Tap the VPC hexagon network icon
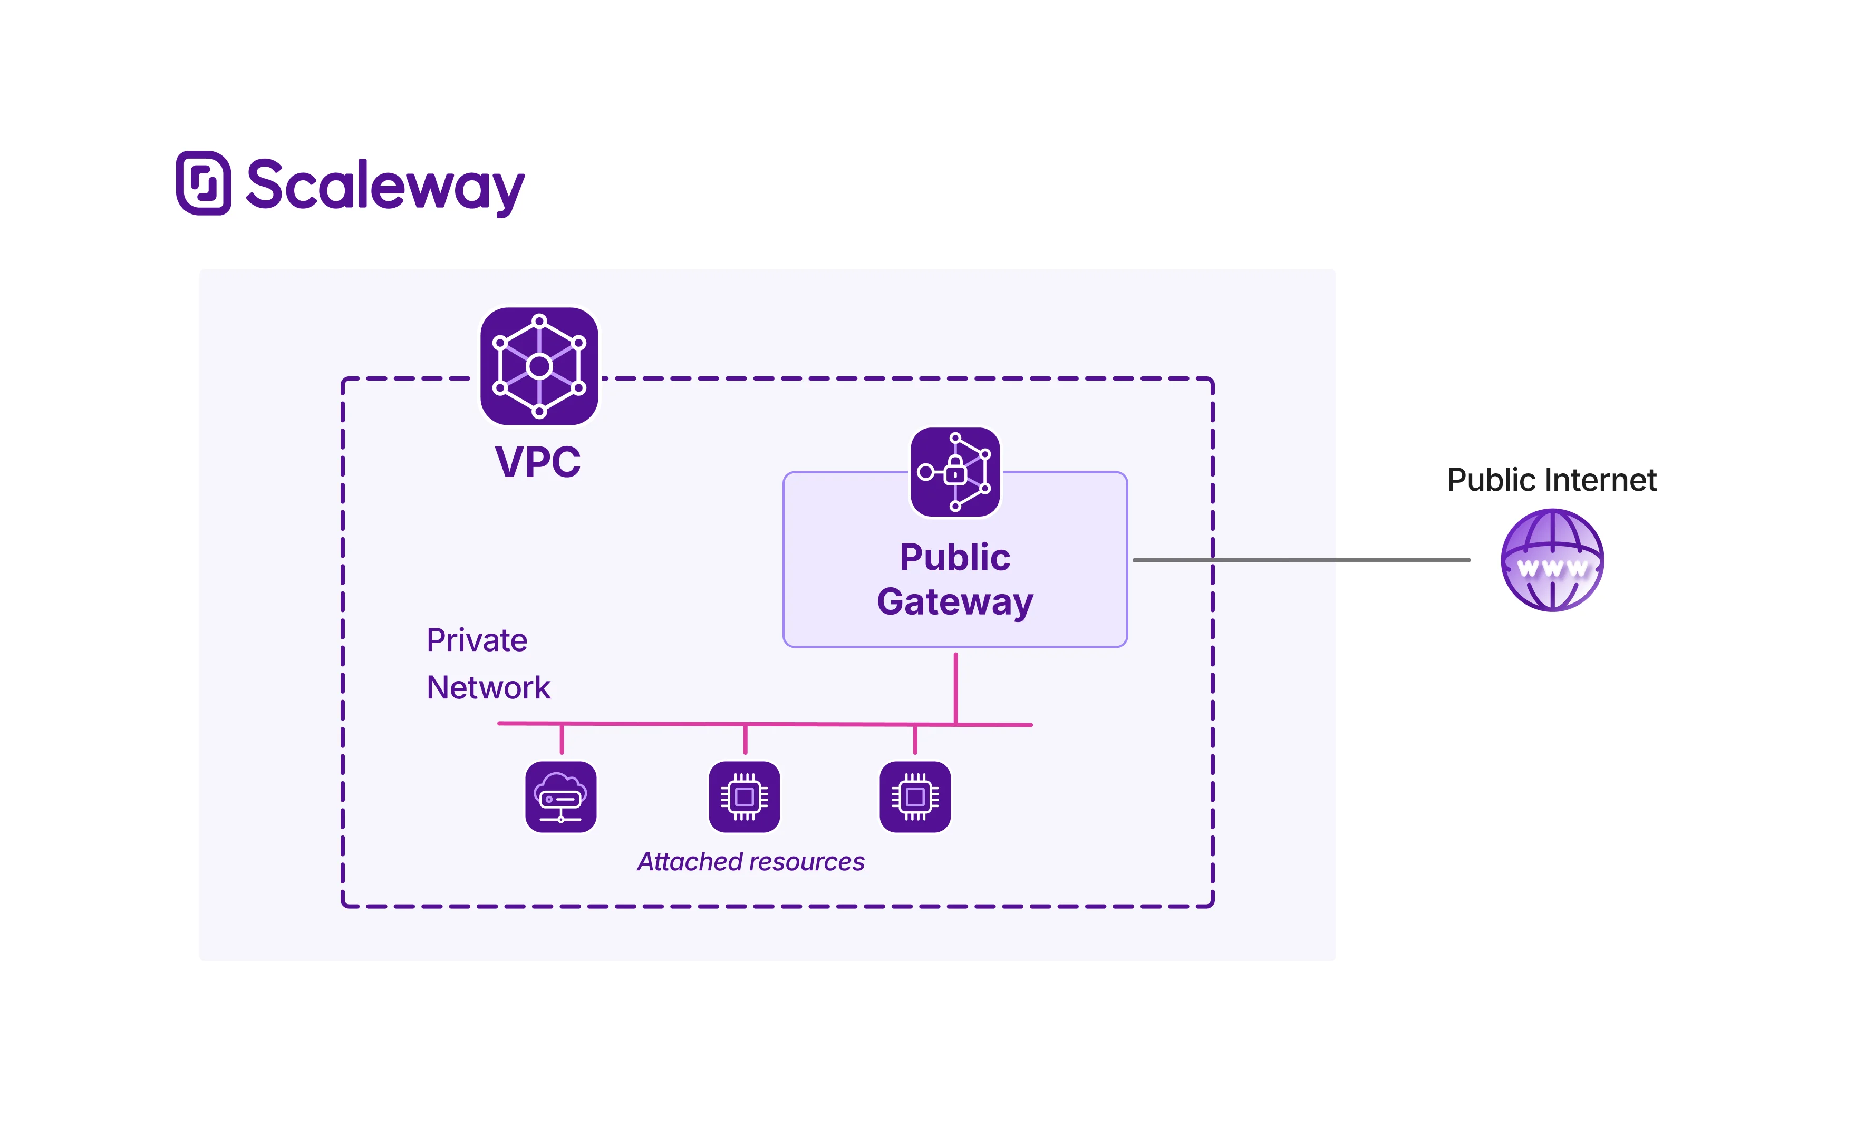539,366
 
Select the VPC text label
537,461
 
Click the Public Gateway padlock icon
954,472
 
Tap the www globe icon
1552,560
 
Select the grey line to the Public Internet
1301,560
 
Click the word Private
477,640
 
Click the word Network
488,687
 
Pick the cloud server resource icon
560,796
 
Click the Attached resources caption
750,862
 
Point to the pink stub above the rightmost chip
915,739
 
